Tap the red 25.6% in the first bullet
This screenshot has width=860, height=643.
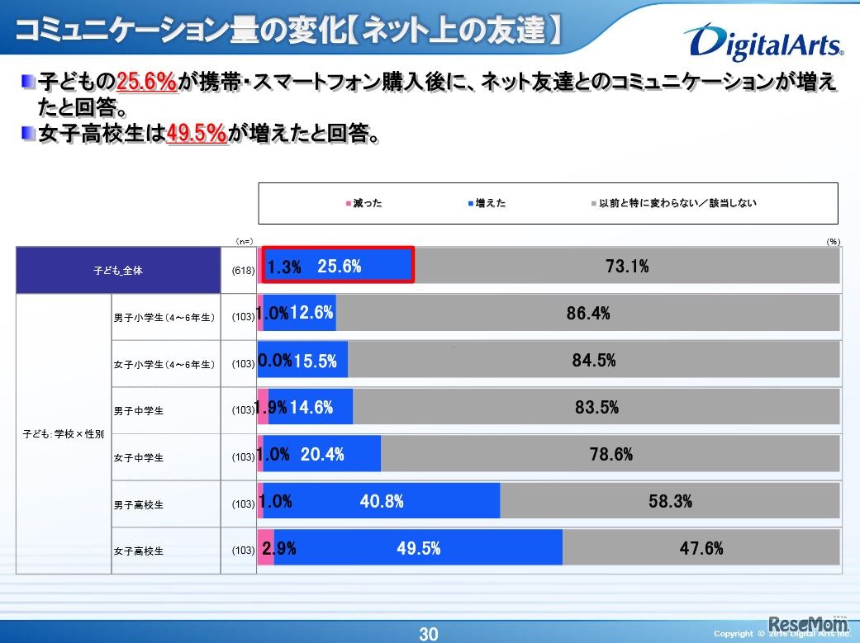pos(148,82)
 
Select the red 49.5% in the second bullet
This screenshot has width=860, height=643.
pos(197,134)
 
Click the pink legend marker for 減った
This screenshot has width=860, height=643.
pos(349,203)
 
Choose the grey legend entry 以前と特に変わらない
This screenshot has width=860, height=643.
pos(673,203)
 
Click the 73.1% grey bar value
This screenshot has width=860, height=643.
pos(626,267)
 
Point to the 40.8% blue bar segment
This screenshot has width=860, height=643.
pos(382,501)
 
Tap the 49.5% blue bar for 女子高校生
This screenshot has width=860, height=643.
pos(418,548)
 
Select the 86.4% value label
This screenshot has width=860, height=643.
pos(588,314)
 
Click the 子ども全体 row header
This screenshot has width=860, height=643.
pos(117,270)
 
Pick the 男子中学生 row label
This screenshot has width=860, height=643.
pos(139,410)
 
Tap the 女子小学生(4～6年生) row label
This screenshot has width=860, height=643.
pos(164,363)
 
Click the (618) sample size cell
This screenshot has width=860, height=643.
pos(243,270)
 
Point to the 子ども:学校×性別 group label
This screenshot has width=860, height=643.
pos(64,433)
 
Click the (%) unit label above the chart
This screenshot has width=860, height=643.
pos(832,241)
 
